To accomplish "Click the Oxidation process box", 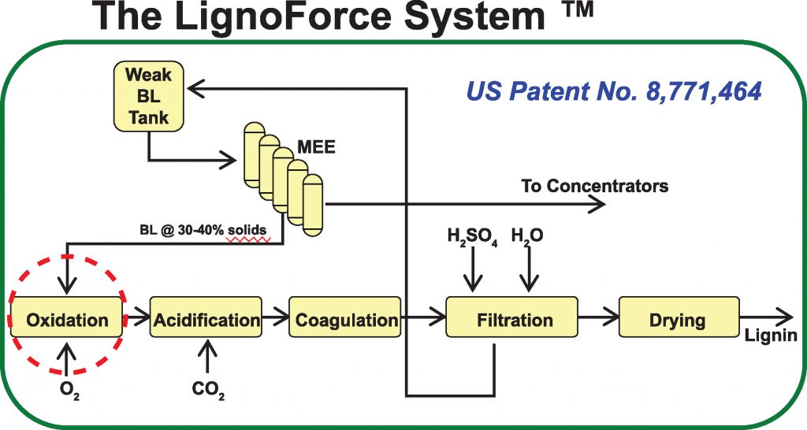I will (67, 320).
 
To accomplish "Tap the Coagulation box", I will (346, 320).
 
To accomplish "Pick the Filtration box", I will (515, 320).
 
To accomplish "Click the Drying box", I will (678, 320).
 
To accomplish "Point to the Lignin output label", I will (770, 336).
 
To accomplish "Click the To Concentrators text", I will (594, 187).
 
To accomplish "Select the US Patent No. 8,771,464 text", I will (613, 92).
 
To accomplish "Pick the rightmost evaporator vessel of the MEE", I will (313, 203).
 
